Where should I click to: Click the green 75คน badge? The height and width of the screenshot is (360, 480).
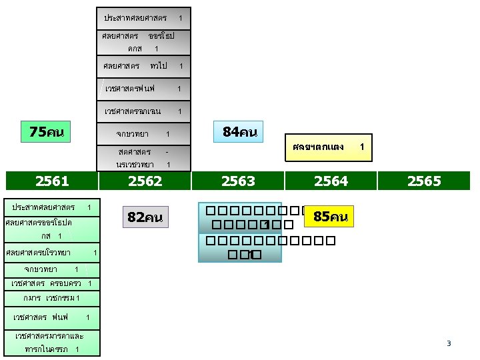(x=47, y=132)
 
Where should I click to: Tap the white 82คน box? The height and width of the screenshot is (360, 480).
(x=145, y=217)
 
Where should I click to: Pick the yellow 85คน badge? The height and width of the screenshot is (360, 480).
(x=330, y=217)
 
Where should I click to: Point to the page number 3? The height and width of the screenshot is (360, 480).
(x=449, y=343)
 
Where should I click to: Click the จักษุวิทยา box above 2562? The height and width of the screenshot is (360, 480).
(x=144, y=134)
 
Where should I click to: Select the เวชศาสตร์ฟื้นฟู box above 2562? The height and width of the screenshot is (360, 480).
(x=144, y=89)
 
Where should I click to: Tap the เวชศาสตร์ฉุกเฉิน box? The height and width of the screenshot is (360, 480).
(x=144, y=111)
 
